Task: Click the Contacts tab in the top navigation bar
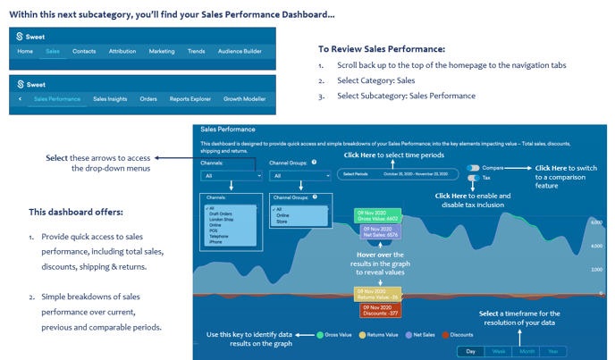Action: [84, 52]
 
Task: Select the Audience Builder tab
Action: [240, 52]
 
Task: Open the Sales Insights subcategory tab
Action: [110, 99]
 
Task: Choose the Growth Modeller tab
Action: [244, 99]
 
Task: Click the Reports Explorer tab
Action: [190, 99]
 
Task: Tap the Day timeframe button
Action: [471, 351]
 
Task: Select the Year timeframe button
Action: [552, 351]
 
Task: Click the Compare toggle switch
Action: [473, 167]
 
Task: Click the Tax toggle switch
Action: [473, 178]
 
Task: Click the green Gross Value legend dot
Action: [320, 335]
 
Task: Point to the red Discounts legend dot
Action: [445, 335]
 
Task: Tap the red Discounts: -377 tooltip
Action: [379, 310]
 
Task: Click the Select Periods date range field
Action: [399, 174]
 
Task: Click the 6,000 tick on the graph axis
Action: [595, 222]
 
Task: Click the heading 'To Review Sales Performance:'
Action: [381, 49]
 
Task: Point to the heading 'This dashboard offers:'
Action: [76, 213]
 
